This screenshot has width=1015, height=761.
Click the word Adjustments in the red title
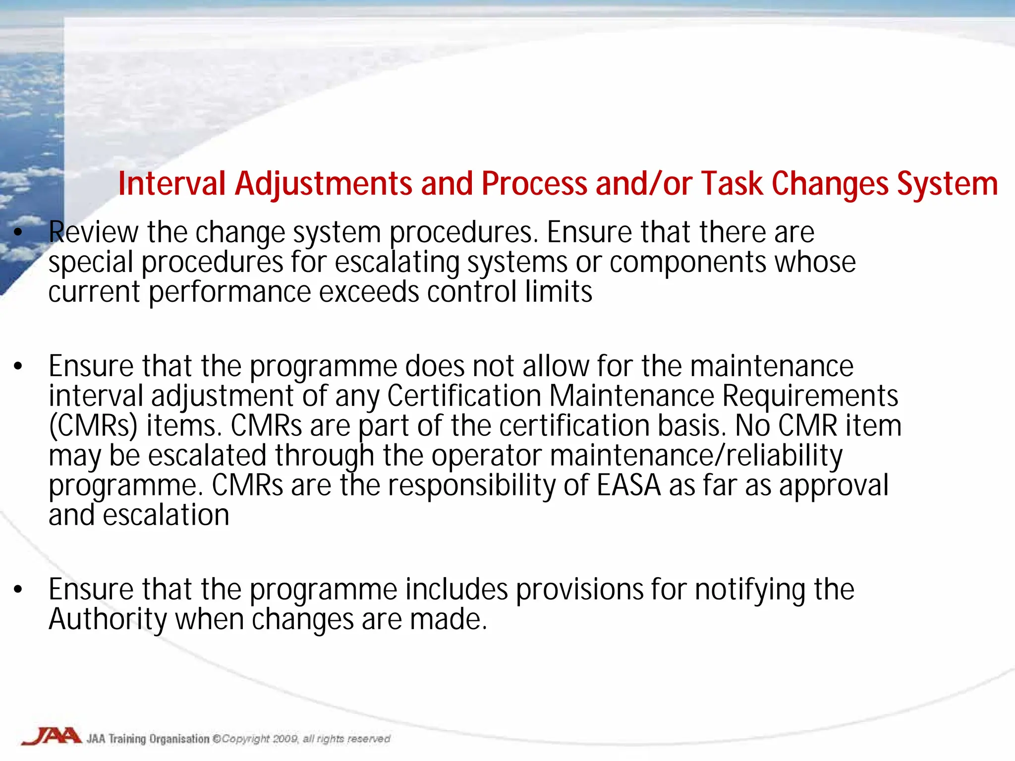coord(324,184)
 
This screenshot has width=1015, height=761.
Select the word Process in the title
coord(534,184)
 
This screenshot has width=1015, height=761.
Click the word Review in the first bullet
coord(94,232)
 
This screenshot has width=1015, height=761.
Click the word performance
coord(230,292)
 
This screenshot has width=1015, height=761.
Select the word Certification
coord(464,396)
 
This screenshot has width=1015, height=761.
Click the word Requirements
coord(810,396)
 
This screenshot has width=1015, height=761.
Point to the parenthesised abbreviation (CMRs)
coord(93,426)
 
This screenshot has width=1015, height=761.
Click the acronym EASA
coord(628,485)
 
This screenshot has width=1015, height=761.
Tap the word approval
coord(834,485)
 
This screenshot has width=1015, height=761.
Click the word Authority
coord(108,619)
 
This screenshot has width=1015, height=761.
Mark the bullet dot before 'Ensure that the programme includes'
coord(18,590)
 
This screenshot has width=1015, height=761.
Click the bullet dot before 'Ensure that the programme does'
coord(18,367)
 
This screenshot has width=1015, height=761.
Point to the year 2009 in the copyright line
coord(285,739)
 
